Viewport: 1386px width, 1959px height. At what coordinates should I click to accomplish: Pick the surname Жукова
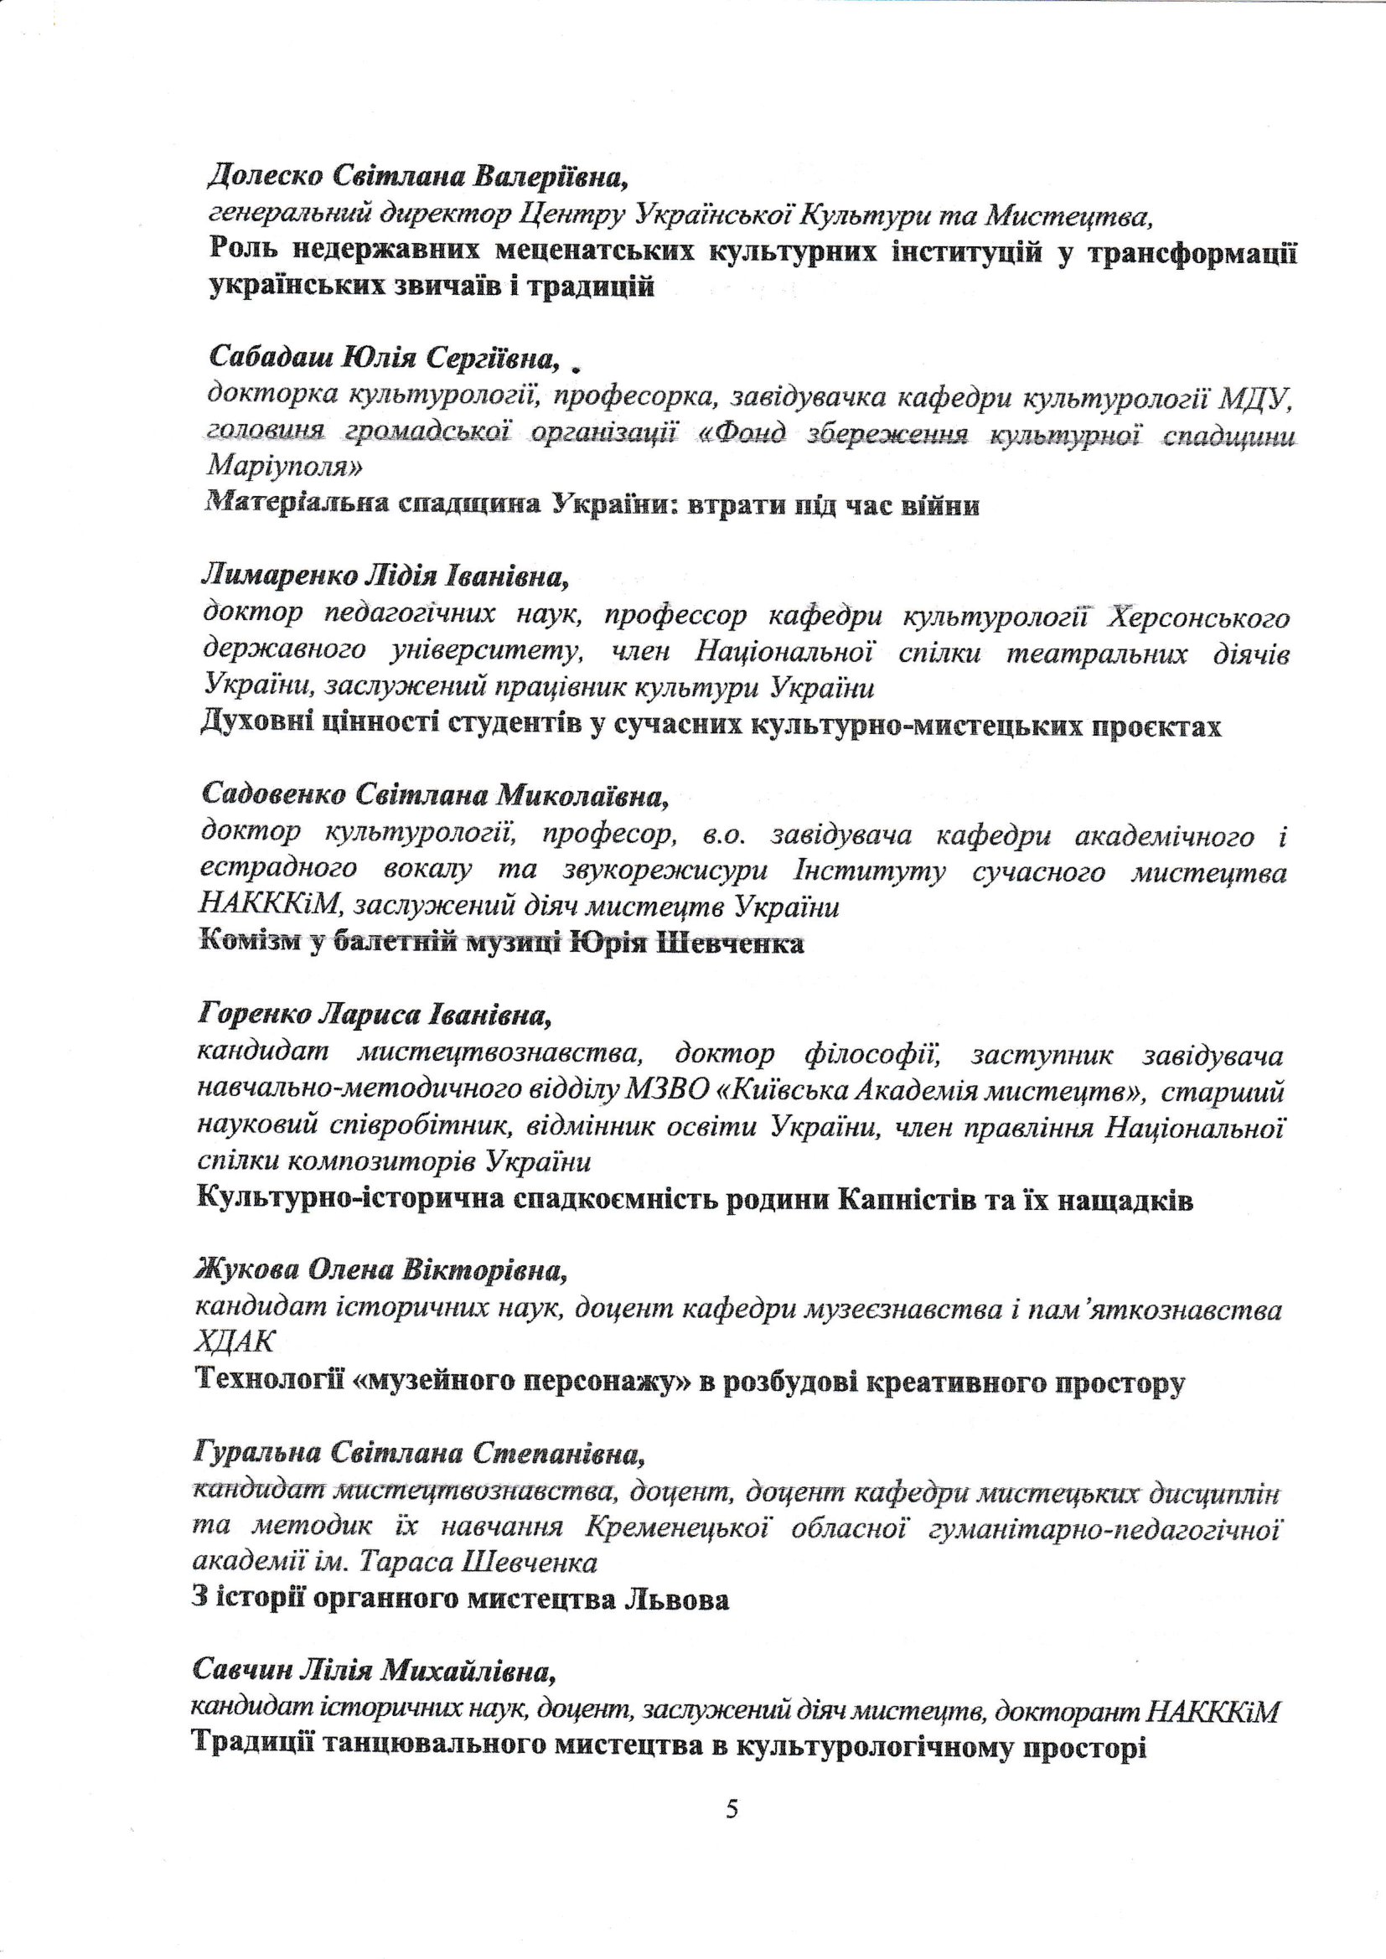[246, 1270]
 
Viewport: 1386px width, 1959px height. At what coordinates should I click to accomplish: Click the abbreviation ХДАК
[235, 1343]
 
